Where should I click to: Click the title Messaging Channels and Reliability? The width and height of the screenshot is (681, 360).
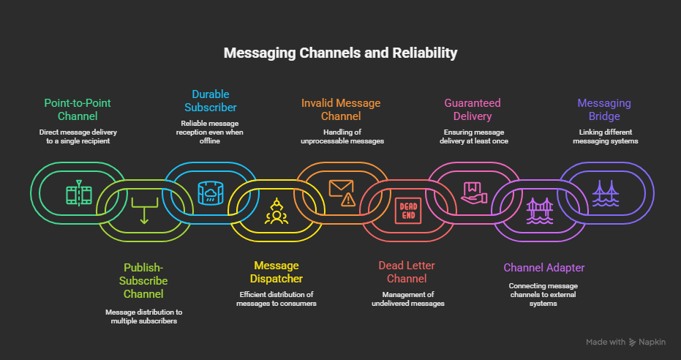(x=340, y=53)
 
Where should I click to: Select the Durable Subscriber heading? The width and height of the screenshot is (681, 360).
(x=211, y=100)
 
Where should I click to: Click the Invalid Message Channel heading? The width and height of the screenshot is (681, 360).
(x=341, y=110)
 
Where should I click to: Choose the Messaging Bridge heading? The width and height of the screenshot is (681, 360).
(x=603, y=110)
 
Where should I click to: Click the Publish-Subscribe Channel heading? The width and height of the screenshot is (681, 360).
(x=145, y=281)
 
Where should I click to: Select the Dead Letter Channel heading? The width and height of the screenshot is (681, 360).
(x=407, y=271)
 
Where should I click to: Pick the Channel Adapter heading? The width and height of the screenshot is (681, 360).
(x=544, y=268)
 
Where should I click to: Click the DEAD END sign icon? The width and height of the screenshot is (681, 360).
(x=407, y=211)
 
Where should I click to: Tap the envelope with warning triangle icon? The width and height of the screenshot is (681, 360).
(x=342, y=192)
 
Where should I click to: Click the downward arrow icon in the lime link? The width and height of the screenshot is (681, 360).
(x=143, y=211)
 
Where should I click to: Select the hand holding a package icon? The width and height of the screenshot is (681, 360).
(x=473, y=192)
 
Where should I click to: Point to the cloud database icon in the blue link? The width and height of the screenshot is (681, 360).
(x=210, y=192)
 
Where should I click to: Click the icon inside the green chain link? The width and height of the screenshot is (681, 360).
(x=78, y=193)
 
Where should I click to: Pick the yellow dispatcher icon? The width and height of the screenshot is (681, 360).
(x=276, y=211)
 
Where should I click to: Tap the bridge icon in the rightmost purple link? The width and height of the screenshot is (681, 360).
(x=605, y=192)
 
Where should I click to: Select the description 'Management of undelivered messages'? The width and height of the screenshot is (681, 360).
(x=407, y=299)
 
